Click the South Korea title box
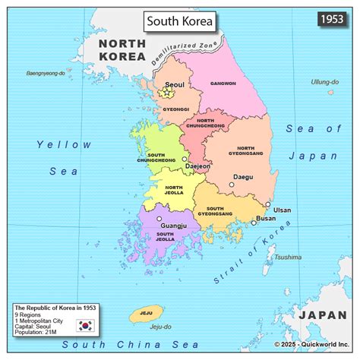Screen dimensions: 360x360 coord(180,21)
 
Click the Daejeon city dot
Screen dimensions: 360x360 coord(185,159)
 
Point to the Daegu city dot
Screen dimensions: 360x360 coord(232,185)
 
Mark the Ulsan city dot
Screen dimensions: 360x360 coord(267,204)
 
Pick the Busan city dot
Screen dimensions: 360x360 coord(254,223)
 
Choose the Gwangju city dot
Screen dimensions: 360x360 coord(159,219)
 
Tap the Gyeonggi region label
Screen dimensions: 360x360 coord(175,109)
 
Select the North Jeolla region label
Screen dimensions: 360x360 coord(174,189)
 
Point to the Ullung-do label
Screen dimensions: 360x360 coord(324,81)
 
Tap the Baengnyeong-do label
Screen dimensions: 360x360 coord(47,74)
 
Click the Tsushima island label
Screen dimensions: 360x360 coord(288,257)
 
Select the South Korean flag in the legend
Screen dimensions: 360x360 coord(84,326)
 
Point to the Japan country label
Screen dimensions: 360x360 coord(322,314)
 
